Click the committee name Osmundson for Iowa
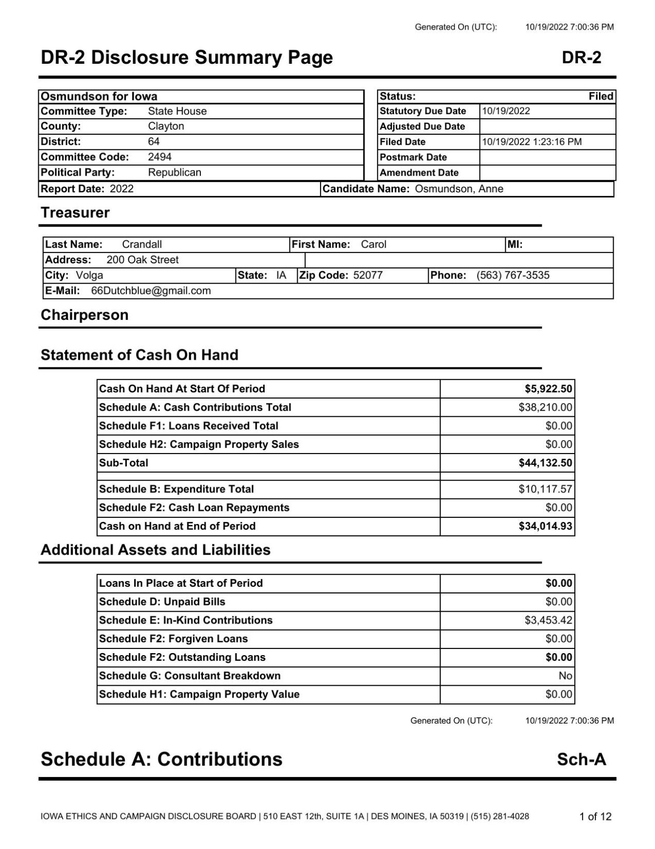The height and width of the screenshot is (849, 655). (99, 96)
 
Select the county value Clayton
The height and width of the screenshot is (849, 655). (166, 126)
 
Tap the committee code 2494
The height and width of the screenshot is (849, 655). (159, 157)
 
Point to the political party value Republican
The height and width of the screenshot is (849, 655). (174, 173)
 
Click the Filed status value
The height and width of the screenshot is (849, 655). (601, 96)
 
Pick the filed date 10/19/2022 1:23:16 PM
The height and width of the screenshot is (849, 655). (532, 142)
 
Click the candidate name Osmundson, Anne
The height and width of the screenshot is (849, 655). (459, 189)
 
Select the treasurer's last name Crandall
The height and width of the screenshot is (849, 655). (142, 245)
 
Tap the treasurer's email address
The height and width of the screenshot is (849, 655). (151, 291)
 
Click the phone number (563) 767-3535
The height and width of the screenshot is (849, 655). (513, 275)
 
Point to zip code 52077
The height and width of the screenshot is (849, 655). (368, 275)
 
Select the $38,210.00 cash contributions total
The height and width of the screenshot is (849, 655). (545, 407)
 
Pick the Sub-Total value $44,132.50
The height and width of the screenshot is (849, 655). (545, 463)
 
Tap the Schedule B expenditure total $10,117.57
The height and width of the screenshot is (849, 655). (545, 489)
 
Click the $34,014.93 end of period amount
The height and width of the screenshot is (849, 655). (545, 527)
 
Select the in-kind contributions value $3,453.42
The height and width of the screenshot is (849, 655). (548, 620)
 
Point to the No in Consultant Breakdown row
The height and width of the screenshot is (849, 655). (565, 676)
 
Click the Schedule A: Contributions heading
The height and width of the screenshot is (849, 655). (162, 759)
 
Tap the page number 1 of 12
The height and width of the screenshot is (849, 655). (595, 817)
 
